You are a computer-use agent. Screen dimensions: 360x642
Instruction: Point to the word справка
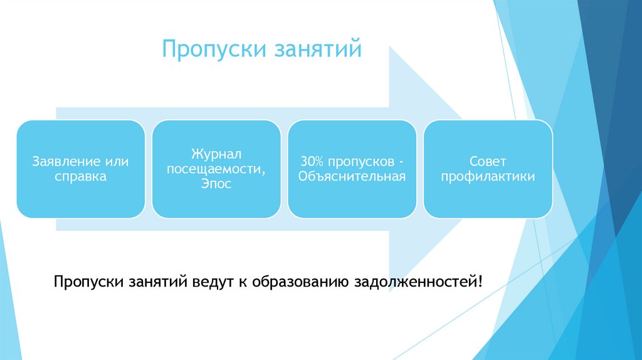(x=80, y=177)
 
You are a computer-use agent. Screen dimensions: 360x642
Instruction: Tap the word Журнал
(x=216, y=154)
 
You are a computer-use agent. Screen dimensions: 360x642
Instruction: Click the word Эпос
(x=216, y=184)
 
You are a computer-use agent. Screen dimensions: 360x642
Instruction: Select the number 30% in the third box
(x=311, y=162)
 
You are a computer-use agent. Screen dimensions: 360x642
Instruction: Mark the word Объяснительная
(x=352, y=177)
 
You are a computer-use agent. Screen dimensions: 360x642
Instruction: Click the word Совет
(x=488, y=162)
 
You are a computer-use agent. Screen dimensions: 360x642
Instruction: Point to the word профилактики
(x=488, y=177)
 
